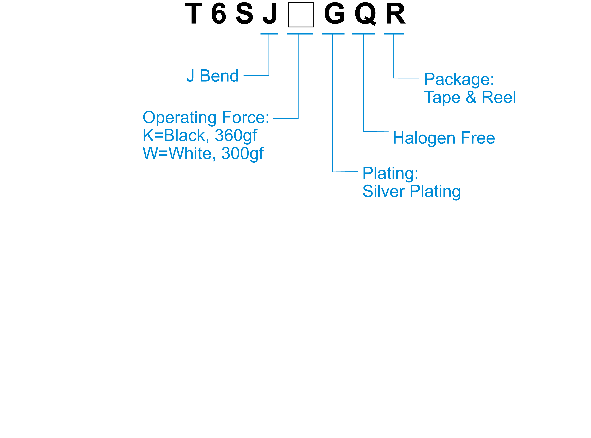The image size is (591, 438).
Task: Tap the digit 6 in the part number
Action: (219, 14)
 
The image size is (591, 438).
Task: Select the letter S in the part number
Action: (244, 14)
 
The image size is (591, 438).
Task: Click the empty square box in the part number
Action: (300, 15)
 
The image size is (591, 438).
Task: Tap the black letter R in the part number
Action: (395, 14)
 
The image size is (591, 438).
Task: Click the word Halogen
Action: (424, 138)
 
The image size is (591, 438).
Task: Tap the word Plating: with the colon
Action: (390, 174)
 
